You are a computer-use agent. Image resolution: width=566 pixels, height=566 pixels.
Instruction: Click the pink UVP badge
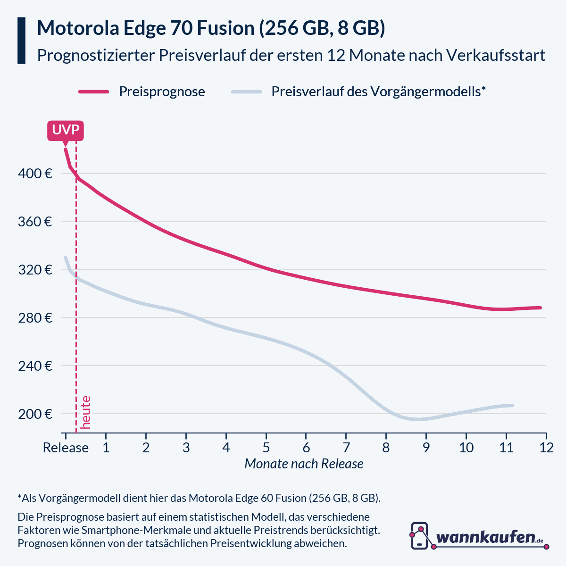click(66, 130)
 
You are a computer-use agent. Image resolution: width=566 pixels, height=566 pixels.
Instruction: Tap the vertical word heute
click(86, 412)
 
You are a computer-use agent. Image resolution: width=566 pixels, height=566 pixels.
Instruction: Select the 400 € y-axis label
click(35, 174)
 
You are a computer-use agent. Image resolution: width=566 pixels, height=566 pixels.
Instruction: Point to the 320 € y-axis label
click(35, 270)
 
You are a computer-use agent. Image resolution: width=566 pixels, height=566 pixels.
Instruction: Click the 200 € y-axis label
click(35, 414)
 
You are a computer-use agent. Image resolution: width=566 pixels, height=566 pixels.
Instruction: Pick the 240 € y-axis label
click(35, 366)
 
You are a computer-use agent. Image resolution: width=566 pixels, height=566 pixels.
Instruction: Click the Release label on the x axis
click(66, 448)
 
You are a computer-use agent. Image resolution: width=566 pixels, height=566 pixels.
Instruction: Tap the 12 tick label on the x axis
click(546, 448)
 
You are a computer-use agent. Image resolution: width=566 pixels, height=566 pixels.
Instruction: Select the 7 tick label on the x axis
click(346, 448)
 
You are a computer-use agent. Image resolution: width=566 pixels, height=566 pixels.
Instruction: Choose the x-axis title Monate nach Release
click(304, 464)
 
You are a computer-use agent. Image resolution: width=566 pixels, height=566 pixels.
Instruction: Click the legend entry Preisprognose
click(162, 92)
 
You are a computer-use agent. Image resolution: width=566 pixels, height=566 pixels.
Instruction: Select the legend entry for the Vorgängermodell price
click(378, 92)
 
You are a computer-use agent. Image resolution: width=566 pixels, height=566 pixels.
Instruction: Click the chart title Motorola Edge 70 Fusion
click(211, 28)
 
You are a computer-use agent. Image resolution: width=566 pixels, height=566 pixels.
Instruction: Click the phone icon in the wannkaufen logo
click(420, 536)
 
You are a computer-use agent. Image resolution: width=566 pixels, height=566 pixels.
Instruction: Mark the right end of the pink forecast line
click(540, 308)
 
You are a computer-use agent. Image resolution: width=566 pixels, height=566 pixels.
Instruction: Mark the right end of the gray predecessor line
click(512, 405)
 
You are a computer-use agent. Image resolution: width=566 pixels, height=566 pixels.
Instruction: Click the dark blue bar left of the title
click(21, 41)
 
